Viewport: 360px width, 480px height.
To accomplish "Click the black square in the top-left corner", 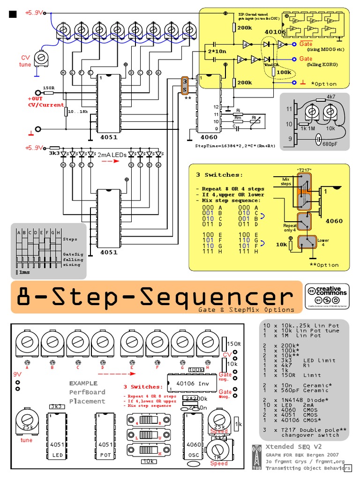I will [x=13, y=14].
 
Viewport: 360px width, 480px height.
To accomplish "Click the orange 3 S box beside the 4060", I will [x=185, y=85].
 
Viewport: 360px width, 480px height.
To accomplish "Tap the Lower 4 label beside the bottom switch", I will [x=323, y=242].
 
